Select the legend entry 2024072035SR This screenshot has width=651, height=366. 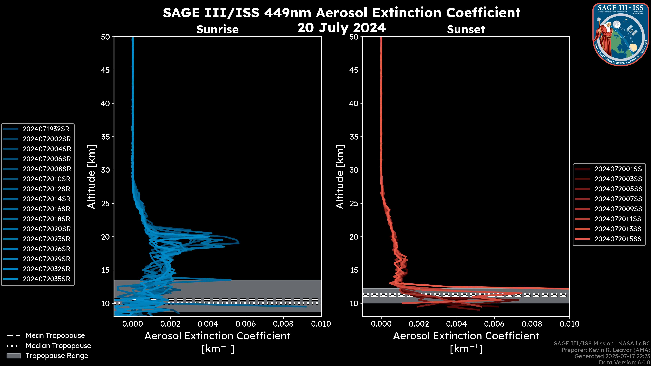[x=46, y=279]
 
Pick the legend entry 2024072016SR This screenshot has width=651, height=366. [x=46, y=209]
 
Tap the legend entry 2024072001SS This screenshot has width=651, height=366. [x=618, y=169]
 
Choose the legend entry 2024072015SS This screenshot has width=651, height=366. [x=618, y=239]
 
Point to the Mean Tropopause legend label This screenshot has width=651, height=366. [x=55, y=336]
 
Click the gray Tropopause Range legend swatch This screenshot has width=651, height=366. [x=13, y=356]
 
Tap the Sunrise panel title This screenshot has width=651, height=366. [x=217, y=29]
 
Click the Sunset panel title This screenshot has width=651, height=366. [x=466, y=29]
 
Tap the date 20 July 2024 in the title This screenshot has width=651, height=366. [x=341, y=28]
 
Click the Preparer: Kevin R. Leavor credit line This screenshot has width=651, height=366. [x=606, y=350]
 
